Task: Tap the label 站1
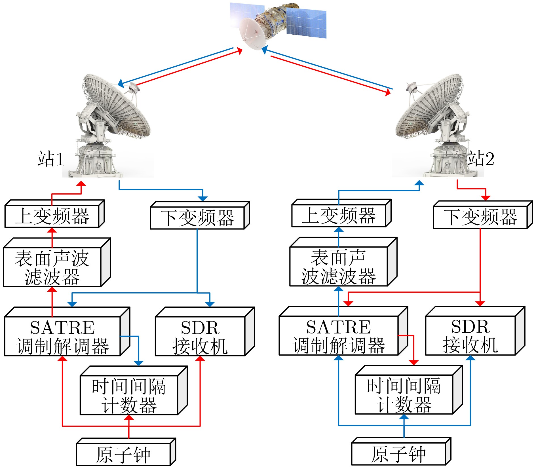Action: tap(50, 159)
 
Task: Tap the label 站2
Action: tap(480, 159)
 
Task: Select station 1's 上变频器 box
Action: tap(52, 216)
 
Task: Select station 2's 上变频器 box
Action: tap(339, 216)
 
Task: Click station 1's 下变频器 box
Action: tap(197, 218)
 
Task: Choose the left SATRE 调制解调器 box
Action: tap(62, 336)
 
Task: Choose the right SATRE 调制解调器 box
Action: tap(339, 336)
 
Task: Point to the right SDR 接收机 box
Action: tap(470, 336)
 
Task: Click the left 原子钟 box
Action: tap(123, 455)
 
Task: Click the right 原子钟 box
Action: tap(398, 455)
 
